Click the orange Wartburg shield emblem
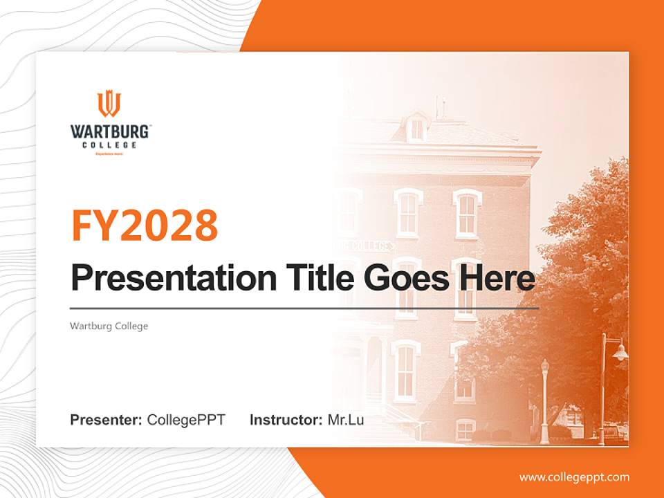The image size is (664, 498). [109, 104]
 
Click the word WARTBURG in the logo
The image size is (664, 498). [109, 131]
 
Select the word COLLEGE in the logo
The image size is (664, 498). [109, 145]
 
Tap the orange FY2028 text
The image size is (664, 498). [145, 225]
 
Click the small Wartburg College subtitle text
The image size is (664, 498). [109, 326]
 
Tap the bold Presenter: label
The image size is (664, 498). [107, 420]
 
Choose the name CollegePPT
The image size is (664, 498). [186, 420]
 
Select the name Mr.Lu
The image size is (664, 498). [346, 420]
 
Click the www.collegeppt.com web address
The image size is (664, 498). [574, 477]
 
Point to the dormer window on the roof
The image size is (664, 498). [417, 129]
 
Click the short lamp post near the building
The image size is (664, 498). [545, 401]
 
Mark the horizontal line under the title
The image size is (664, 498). [304, 308]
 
